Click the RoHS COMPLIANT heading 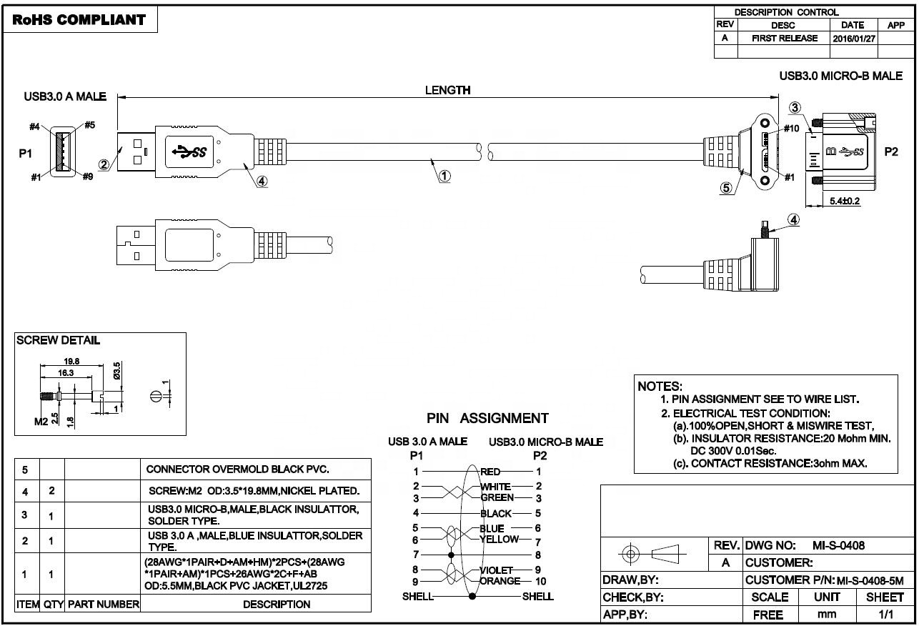pyautogui.click(x=79, y=19)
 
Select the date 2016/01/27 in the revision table pyautogui.click(x=853, y=39)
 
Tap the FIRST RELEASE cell pyautogui.click(x=784, y=39)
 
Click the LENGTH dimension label pyautogui.click(x=447, y=90)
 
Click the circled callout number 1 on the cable pyautogui.click(x=444, y=176)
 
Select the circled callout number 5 pyautogui.click(x=726, y=188)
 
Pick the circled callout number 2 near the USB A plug pyautogui.click(x=104, y=164)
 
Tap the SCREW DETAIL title pyautogui.click(x=58, y=340)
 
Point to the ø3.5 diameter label pyautogui.click(x=117, y=372)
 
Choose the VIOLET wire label pyautogui.click(x=495, y=570)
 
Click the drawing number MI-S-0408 pyautogui.click(x=838, y=545)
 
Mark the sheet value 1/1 pyautogui.click(x=885, y=614)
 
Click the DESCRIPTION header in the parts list pyautogui.click(x=277, y=604)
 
